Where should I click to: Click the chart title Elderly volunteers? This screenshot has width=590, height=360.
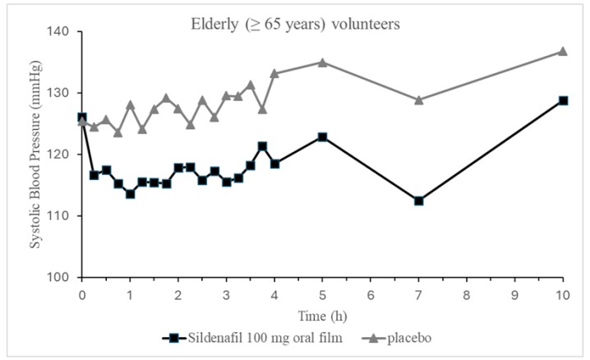click(291, 24)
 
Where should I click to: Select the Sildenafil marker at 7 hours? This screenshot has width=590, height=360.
click(419, 201)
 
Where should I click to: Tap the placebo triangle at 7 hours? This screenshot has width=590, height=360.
click(419, 99)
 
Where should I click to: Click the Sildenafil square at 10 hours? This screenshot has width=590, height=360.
click(563, 100)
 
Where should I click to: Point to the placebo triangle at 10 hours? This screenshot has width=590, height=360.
click(563, 51)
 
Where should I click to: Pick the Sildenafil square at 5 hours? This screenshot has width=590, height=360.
click(323, 136)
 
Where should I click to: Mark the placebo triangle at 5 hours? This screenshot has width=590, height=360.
click(323, 62)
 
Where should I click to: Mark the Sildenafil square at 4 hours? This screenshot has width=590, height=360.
click(274, 164)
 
